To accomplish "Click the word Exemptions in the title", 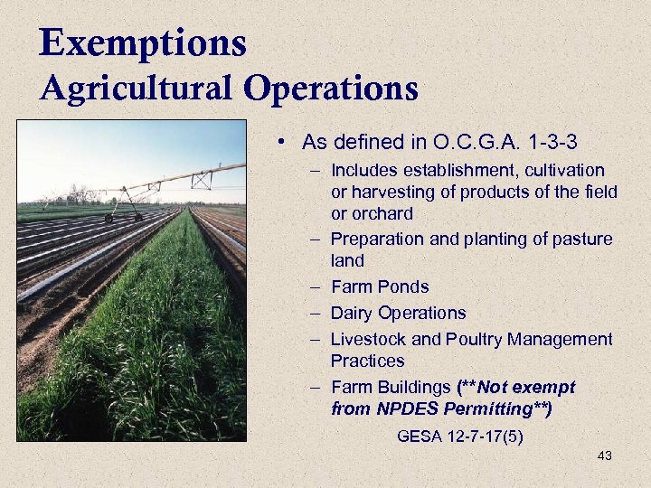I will [x=143, y=42].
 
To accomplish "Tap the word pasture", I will [x=580, y=239].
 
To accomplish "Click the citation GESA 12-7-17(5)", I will [x=459, y=436].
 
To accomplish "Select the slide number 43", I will [x=605, y=456].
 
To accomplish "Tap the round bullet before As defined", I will [x=283, y=143].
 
